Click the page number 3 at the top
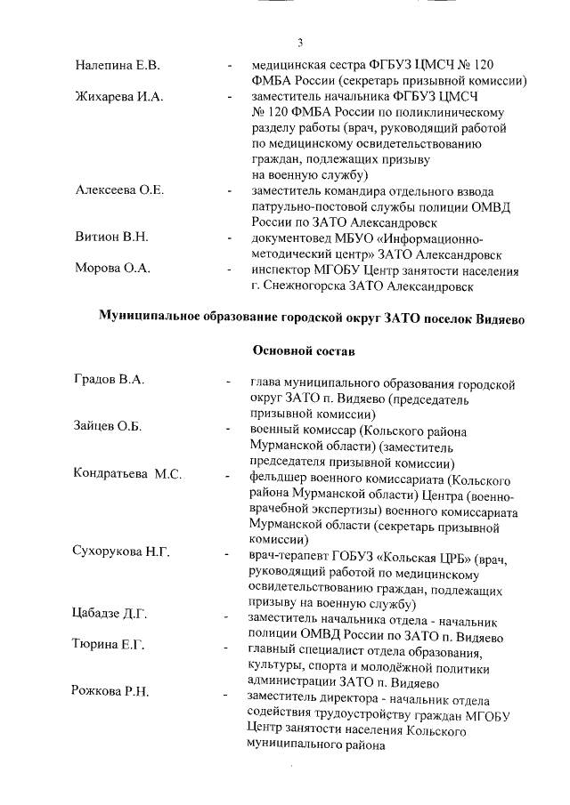click(x=300, y=42)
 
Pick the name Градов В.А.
click(x=109, y=381)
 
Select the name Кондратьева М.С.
click(x=127, y=474)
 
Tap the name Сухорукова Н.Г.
click(x=121, y=552)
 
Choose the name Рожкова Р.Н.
click(x=111, y=692)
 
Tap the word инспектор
click(x=284, y=270)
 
